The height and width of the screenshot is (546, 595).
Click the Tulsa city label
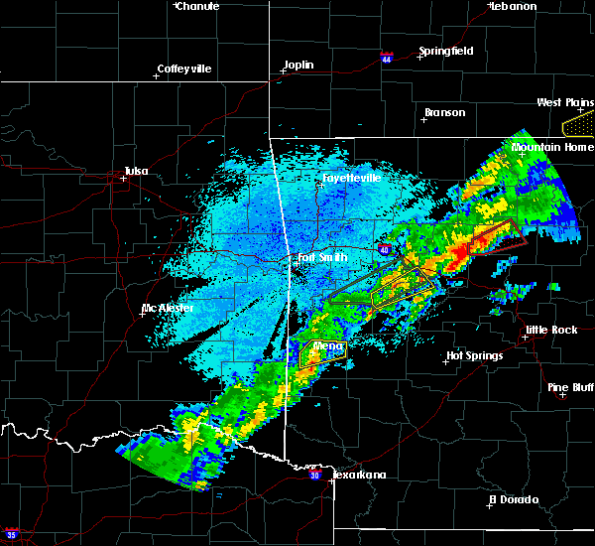point(135,171)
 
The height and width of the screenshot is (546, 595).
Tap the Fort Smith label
point(323,258)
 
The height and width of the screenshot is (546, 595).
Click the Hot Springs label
point(475,355)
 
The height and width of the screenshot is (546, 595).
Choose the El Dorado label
point(516,499)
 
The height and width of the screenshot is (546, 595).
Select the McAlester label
point(168,308)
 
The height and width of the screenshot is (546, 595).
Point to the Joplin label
point(298,66)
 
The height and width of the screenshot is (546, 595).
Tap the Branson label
point(444,112)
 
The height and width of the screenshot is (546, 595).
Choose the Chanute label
point(197,6)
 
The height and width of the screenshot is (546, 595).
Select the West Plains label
point(564,102)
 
